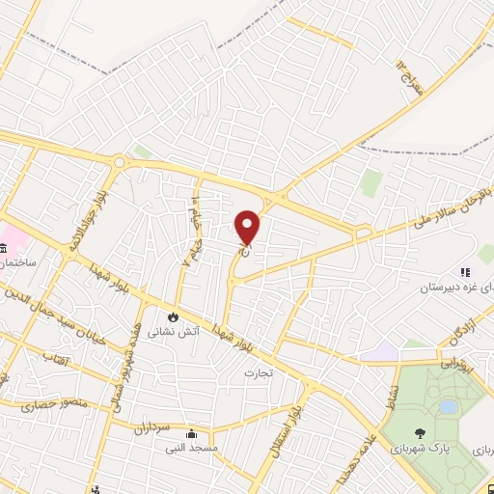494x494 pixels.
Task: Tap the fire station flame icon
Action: [x=173, y=316]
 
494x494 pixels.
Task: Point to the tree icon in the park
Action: [x=419, y=434]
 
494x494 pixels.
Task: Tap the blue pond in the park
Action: [x=447, y=406]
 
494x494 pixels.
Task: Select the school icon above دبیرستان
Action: [x=464, y=273]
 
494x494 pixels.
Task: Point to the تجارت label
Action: [x=259, y=372]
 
